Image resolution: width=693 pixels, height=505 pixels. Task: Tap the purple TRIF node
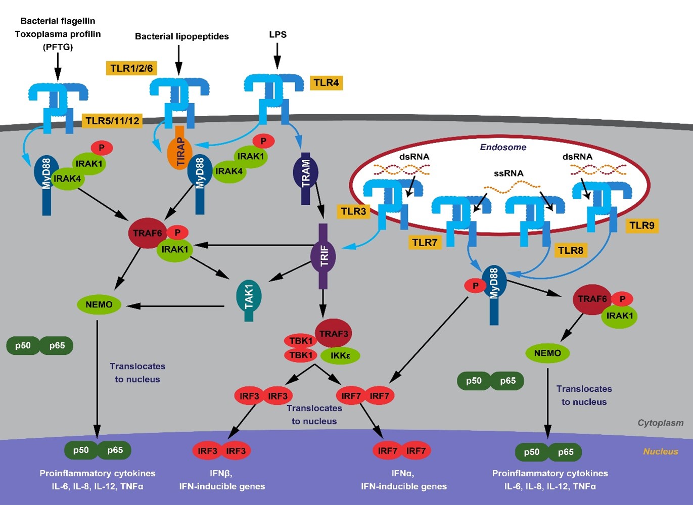coord(323,256)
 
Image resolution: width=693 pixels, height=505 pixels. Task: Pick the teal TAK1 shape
coord(249,300)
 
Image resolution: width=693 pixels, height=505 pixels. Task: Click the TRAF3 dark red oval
coord(333,333)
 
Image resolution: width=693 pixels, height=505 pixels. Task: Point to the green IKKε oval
coord(340,355)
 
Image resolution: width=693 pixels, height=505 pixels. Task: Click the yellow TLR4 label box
coord(327,82)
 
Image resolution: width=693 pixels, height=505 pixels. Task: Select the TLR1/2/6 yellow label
coord(131,68)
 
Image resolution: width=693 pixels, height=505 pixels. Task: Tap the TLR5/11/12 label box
coord(112,120)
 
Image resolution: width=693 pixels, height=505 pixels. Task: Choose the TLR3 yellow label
coord(353,211)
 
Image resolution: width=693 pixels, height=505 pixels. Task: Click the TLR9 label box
coord(642,225)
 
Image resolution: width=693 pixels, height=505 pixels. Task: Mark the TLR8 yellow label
coord(571,250)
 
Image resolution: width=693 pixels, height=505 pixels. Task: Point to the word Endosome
coord(503,147)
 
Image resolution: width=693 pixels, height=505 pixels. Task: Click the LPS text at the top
coord(278,34)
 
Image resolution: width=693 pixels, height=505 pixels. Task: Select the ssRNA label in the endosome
coord(509,173)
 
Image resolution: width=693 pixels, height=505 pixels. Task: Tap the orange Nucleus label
coord(661,451)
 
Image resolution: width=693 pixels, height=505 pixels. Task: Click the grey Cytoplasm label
coord(661,423)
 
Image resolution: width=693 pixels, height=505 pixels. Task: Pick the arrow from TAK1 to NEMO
coord(175,306)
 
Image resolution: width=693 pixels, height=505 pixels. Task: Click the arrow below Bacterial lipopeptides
coord(178,60)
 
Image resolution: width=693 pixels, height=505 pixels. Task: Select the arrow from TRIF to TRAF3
coord(322,304)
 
